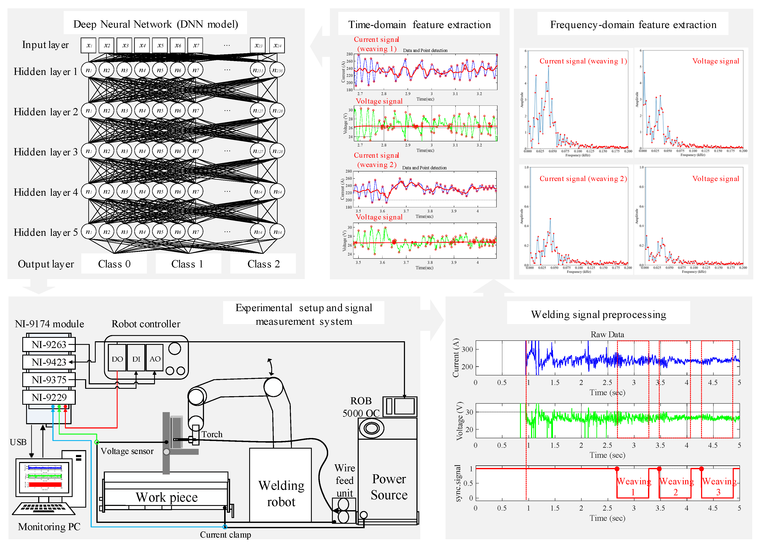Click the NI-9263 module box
point(49,344)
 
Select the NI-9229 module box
point(49,397)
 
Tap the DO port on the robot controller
point(117,359)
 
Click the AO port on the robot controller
point(155,359)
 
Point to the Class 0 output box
point(114,264)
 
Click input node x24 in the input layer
point(277,45)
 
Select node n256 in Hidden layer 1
point(277,70)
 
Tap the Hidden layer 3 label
point(46,152)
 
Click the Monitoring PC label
point(49,527)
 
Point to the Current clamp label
point(225,535)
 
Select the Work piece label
point(167,497)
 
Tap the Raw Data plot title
point(607,334)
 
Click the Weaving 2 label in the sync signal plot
point(676,487)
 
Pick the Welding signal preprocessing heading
point(598,315)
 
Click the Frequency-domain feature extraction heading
point(633,25)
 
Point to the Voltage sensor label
point(127,451)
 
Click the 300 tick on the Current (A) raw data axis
point(467,350)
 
